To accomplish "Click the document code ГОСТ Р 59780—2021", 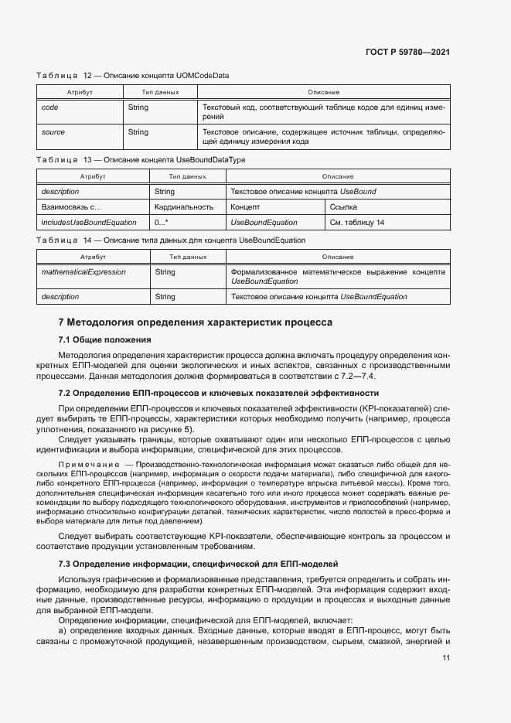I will pos(407,52).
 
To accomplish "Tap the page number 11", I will pos(446,658).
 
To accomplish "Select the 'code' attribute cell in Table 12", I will pos(49,108).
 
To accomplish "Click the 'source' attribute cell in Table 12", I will pos(53,132).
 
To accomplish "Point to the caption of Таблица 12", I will pos(132,76).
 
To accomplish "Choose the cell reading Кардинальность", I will pos(183,207).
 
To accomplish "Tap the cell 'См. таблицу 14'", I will pos(356,223).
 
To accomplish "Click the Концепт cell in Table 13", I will pos(245,207).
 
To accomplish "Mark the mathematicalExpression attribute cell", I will pos(83,272).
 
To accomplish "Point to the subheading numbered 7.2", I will pos(207,393).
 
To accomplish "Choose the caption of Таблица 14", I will pos(171,240).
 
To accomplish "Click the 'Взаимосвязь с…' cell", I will pos(71,207).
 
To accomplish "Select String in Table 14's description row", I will pos(165,296).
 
